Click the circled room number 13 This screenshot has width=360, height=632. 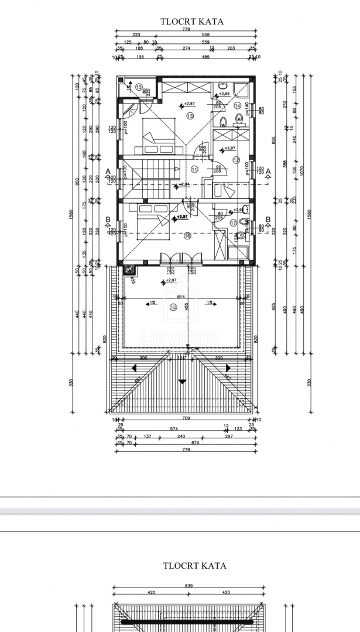point(189,116)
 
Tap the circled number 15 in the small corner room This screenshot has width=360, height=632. point(139,87)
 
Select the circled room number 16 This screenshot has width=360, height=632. point(187,236)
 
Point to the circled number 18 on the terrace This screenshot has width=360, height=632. point(173,307)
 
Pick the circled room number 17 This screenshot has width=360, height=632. point(233,222)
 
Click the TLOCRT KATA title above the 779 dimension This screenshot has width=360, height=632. point(192,22)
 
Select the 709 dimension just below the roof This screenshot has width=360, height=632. point(185,419)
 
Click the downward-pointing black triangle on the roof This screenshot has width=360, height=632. point(183,381)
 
